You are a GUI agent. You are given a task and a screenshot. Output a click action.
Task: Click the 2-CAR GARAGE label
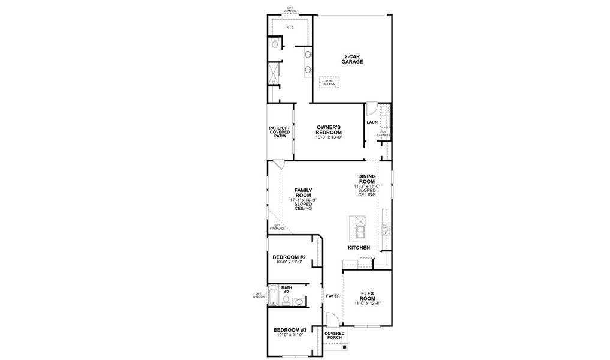click(x=352, y=59)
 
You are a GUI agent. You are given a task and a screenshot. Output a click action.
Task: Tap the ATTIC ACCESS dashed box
click(x=329, y=82)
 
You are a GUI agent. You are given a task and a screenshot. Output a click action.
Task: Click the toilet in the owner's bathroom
click(x=274, y=44)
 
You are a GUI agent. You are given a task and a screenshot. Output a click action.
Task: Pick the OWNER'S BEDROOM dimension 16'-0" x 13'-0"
click(x=329, y=137)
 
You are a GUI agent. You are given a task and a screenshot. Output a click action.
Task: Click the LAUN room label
click(x=371, y=123)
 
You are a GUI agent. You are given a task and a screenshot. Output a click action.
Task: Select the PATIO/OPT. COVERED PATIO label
click(x=280, y=132)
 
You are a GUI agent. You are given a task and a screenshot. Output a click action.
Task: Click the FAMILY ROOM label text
click(x=303, y=192)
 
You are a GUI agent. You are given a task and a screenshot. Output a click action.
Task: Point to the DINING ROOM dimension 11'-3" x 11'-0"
click(x=366, y=186)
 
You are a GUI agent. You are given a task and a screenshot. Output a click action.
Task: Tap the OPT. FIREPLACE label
click(x=277, y=227)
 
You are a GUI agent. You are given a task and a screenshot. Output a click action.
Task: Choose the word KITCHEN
click(x=359, y=248)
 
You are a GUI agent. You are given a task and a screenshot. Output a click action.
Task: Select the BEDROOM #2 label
click(x=290, y=257)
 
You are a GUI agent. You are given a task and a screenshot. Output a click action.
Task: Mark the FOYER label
click(x=333, y=296)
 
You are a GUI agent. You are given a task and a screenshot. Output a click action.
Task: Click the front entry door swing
click(x=331, y=320)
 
